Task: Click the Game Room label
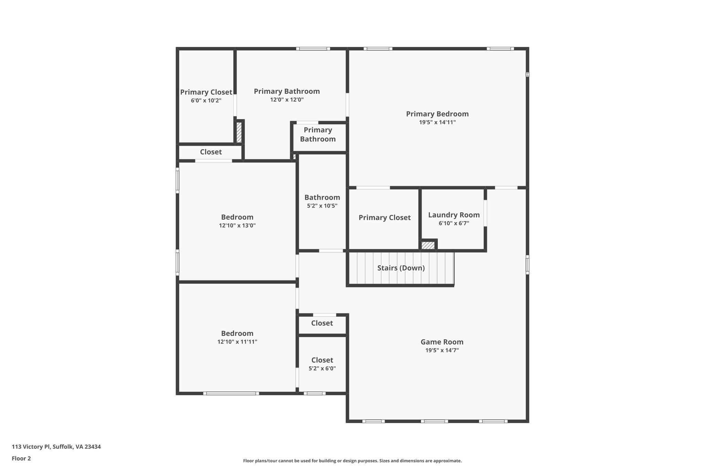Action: [442, 342]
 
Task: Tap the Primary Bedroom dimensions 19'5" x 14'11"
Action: [437, 122]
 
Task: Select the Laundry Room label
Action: [454, 215]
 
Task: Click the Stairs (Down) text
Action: [401, 268]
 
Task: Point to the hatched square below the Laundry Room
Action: [428, 245]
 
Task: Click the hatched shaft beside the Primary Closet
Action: [239, 133]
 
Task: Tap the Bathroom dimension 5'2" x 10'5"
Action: [322, 206]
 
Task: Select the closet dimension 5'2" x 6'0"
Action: [322, 368]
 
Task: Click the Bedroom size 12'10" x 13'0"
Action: [237, 226]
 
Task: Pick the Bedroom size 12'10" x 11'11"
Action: [237, 342]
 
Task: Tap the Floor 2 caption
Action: [21, 458]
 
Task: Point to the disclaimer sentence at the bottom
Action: [352, 461]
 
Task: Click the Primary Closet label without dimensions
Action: [385, 218]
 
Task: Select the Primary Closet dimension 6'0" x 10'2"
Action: [206, 101]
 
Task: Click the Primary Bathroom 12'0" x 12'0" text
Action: [287, 100]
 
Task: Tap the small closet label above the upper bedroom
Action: [211, 152]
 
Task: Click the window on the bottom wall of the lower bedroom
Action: [231, 393]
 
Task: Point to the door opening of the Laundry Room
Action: [485, 213]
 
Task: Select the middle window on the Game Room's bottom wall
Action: [434, 421]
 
